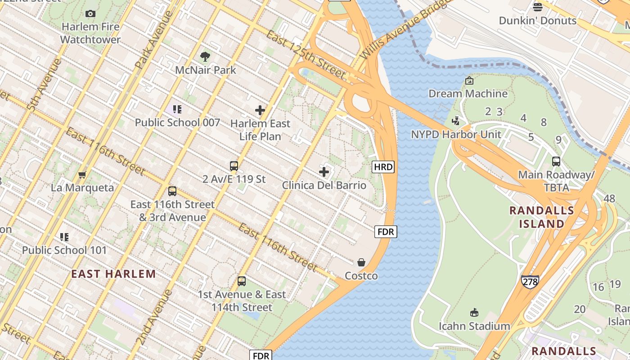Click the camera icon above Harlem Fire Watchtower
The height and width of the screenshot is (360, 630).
90,14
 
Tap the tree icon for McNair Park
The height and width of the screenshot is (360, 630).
205,57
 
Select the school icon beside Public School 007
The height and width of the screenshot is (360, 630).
177,109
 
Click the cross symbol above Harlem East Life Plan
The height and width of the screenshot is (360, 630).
260,110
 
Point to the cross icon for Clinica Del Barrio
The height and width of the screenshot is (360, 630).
324,172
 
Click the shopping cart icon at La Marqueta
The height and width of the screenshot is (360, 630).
82,175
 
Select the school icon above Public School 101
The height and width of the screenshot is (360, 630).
64,237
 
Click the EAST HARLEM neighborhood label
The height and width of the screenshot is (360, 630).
113,274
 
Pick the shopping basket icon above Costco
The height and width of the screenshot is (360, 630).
361,262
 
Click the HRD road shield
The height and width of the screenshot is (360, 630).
383,167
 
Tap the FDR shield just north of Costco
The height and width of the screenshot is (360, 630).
386,232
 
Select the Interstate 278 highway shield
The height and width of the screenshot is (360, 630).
530,282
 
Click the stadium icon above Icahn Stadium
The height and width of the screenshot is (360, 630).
474,313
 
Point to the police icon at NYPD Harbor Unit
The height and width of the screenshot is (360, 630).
456,121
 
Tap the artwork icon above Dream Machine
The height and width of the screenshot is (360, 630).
469,81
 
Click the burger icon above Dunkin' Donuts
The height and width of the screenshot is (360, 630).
538,7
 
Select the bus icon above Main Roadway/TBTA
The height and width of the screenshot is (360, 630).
556,162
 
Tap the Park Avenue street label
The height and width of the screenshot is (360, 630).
153,40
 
